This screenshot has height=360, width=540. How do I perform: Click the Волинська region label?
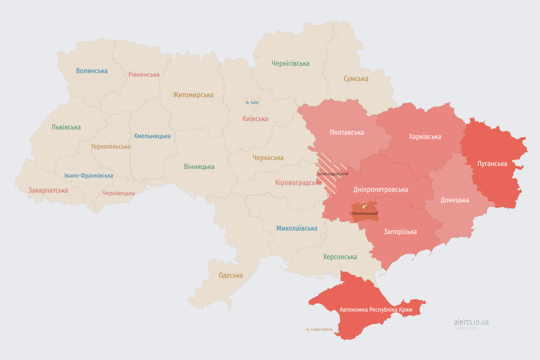[x=92, y=71]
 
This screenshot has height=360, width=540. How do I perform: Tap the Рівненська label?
[x=144, y=75]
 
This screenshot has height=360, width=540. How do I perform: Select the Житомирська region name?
[x=193, y=95]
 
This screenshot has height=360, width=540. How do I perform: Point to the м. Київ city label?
[x=252, y=102]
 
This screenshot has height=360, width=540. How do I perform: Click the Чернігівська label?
[x=290, y=63]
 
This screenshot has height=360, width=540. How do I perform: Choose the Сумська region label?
[x=356, y=78]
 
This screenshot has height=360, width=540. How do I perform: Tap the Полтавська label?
[x=347, y=132]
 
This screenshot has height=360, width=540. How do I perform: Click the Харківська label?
[x=425, y=136]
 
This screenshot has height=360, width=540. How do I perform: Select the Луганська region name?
[x=492, y=164]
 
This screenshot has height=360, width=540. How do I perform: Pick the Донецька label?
[x=455, y=200]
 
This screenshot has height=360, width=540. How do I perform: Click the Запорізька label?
[x=400, y=232]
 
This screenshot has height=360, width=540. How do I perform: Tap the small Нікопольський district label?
[x=365, y=214]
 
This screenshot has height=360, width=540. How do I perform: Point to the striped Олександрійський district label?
[x=333, y=174]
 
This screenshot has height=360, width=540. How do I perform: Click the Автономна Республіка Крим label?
[x=375, y=310]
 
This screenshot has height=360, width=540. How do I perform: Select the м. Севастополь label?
[x=319, y=330]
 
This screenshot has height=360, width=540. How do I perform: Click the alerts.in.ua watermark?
[x=471, y=322]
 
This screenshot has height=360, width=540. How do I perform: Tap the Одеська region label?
[x=231, y=275]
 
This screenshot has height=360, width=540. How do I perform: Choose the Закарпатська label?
[x=48, y=190]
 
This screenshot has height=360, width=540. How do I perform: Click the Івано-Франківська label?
[x=89, y=176]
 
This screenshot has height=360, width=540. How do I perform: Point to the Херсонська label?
[x=340, y=257]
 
